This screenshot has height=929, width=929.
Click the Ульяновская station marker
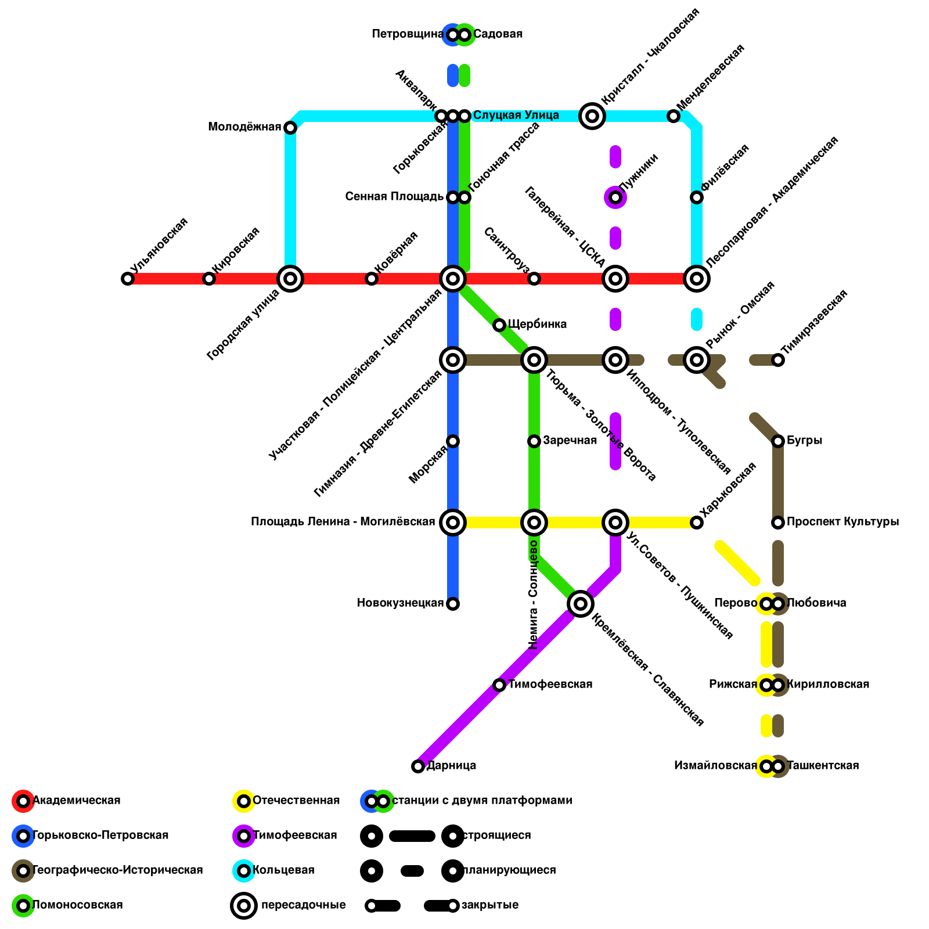coord(128,279)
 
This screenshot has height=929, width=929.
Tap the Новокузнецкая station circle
coord(453,604)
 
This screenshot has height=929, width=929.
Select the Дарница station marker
coord(418,766)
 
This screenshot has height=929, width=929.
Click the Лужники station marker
coord(615,198)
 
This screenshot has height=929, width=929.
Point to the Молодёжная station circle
coord(290,128)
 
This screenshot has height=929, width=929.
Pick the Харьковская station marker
coord(697,523)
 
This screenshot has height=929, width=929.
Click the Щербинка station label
coord(537,324)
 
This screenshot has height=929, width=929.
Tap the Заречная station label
coord(570,441)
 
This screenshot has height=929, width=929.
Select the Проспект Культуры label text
coord(842,522)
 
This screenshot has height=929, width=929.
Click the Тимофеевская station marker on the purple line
coord(499,685)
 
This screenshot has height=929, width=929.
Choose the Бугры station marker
coord(778,441)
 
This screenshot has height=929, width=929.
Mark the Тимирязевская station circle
coord(778,360)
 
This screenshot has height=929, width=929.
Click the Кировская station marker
coord(209,279)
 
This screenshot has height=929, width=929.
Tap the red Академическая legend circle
coord(23,801)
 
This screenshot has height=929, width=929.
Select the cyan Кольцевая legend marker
coord(244,871)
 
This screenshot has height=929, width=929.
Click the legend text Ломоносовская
coord(77,905)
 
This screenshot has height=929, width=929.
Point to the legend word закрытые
coord(489,905)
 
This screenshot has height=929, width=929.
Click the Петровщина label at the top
coord(408,34)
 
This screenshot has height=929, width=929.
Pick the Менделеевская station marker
coord(674,116)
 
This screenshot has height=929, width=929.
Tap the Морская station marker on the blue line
coord(453,441)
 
